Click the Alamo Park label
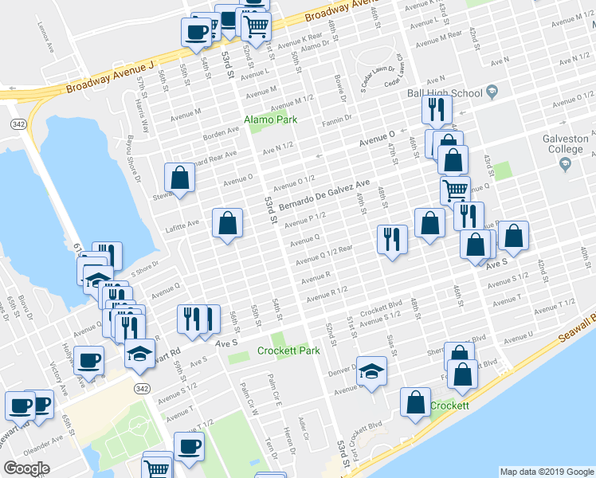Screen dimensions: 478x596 270,119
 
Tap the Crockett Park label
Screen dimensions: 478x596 288,351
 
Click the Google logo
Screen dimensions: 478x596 26,468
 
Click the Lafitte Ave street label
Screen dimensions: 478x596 182,225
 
